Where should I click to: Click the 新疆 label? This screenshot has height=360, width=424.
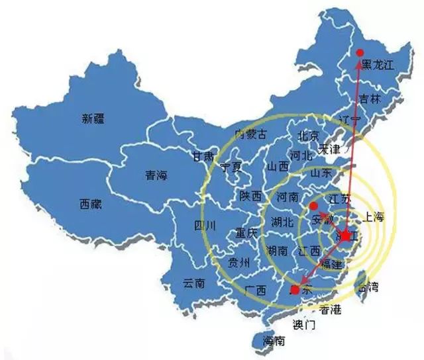(x=94, y=119)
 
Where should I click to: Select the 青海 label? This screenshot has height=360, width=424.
(x=157, y=176)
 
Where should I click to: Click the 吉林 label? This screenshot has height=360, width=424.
(x=370, y=99)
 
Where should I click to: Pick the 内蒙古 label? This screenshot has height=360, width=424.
(x=252, y=134)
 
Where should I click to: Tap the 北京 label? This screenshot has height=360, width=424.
(x=309, y=136)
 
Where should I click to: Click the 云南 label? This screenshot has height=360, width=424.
(x=193, y=283)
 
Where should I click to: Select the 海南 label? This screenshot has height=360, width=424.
(x=274, y=341)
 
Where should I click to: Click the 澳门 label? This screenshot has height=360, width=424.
(x=305, y=326)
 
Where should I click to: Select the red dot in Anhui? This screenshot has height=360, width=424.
(x=313, y=206)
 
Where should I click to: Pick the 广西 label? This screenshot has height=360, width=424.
(x=255, y=290)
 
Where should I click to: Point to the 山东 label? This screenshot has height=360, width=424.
(x=321, y=173)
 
